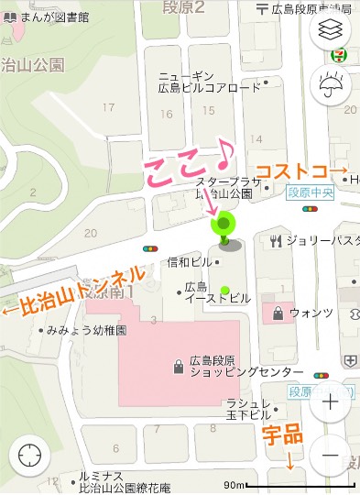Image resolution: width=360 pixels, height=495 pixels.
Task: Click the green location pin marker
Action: pyautogui.click(x=224, y=225)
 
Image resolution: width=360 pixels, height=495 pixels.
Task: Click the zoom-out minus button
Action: pyautogui.click(x=331, y=456)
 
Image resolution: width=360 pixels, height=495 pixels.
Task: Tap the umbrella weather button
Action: pyautogui.click(x=331, y=87)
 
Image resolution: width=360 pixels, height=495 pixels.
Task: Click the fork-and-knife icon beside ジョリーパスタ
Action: pyautogui.click(x=275, y=242)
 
